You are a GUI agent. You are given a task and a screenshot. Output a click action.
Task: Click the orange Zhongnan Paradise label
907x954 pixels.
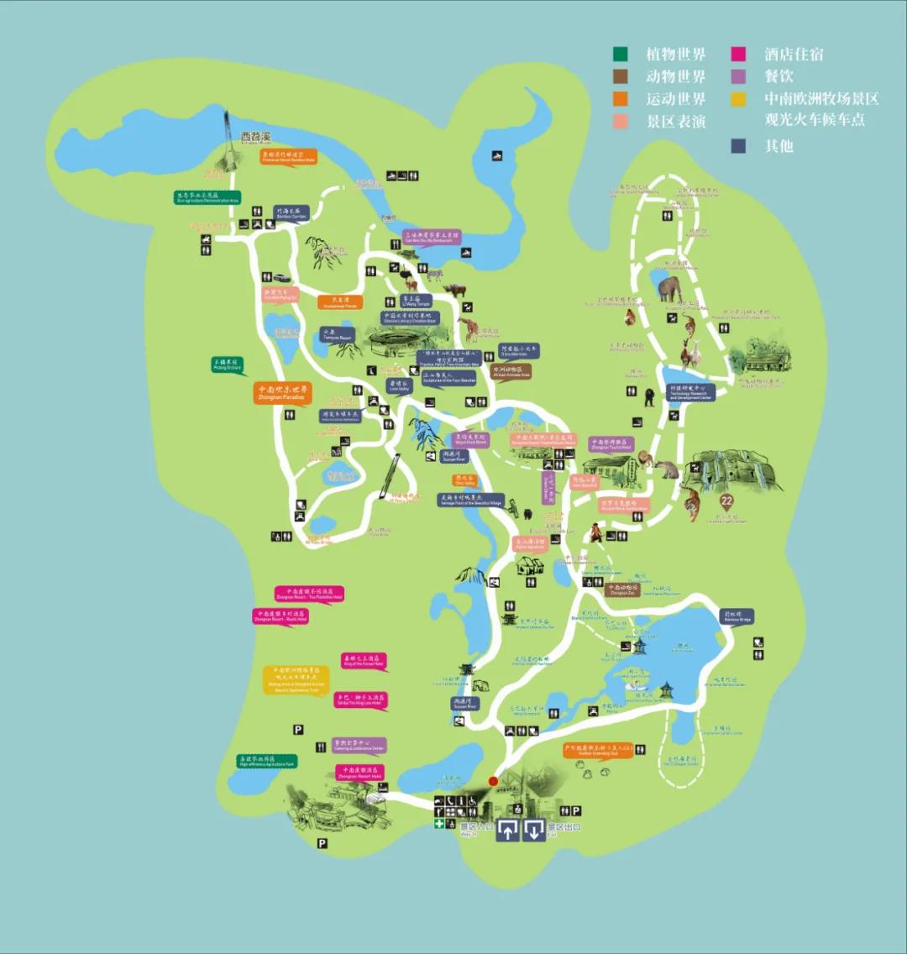[283, 392]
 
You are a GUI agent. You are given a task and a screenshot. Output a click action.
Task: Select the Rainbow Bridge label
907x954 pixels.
[736, 616]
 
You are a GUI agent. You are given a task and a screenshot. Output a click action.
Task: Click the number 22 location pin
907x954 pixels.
[727, 502]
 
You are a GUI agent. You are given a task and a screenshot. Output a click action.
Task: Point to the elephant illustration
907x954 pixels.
[669, 289]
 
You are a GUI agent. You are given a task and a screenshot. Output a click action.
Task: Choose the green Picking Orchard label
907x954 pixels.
[224, 364]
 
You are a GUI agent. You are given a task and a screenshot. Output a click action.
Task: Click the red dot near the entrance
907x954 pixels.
[493, 781]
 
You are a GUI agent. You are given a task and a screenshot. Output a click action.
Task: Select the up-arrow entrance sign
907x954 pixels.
[508, 831]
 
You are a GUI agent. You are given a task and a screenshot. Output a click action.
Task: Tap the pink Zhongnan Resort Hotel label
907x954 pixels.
[359, 772]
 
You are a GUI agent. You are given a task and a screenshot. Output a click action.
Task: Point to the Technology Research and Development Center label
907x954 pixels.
[691, 392]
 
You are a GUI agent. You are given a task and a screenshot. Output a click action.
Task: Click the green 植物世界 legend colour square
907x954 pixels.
[621, 55]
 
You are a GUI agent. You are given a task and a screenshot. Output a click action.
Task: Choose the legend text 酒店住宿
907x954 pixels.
[794, 55]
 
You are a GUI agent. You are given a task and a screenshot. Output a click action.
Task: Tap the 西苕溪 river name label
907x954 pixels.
[256, 136]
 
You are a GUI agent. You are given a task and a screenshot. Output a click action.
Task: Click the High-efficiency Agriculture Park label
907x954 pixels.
[266, 761]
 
